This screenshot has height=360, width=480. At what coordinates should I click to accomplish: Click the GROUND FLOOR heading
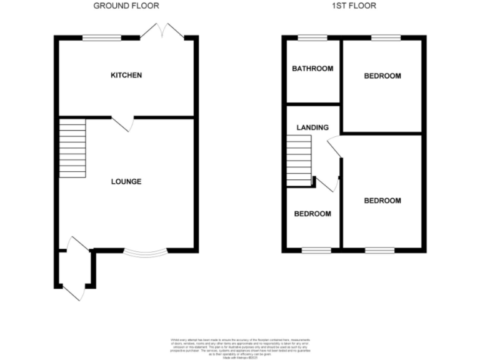126,6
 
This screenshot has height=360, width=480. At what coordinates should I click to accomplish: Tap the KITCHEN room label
126,76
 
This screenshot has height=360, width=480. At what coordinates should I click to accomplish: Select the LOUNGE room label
126,182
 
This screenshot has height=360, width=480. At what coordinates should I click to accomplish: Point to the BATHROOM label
312,69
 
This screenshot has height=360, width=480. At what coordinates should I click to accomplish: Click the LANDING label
312,127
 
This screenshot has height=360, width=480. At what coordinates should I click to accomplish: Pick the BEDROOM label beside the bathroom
382,76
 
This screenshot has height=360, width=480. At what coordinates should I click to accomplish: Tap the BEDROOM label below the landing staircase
312,214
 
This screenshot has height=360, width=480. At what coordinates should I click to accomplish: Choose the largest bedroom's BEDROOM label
382,201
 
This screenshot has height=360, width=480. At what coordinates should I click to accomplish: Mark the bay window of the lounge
145,253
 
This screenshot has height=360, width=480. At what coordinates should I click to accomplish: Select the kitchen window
102,39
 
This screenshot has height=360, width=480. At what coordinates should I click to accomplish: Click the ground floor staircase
72,149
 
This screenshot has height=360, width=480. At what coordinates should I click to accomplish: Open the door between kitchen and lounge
124,123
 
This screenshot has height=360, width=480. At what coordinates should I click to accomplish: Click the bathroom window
312,39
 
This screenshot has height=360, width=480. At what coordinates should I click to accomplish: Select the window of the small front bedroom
316,251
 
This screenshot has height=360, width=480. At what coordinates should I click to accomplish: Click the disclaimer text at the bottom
239,346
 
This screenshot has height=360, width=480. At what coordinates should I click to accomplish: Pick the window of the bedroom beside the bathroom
386,39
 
